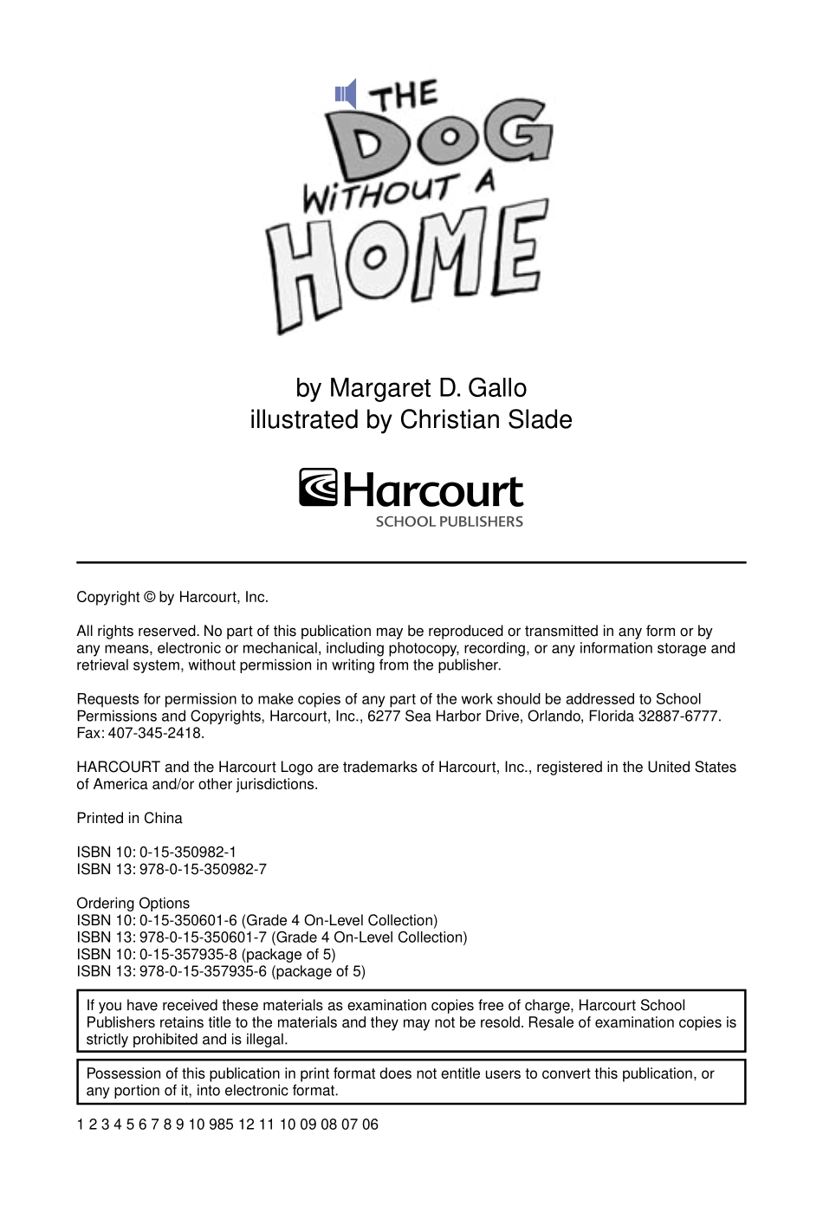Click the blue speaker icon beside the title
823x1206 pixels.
coord(346,94)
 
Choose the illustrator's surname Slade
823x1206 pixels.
coord(541,420)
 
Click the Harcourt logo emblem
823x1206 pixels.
coord(319,488)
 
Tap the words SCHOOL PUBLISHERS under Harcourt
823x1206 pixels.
coord(449,522)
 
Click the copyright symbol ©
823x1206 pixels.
coord(149,598)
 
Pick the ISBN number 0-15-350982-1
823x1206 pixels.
coord(187,853)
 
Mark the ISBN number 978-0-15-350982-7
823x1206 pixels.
coord(203,869)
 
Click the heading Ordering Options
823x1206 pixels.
coord(133,904)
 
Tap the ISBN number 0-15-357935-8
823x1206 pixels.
coord(187,955)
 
